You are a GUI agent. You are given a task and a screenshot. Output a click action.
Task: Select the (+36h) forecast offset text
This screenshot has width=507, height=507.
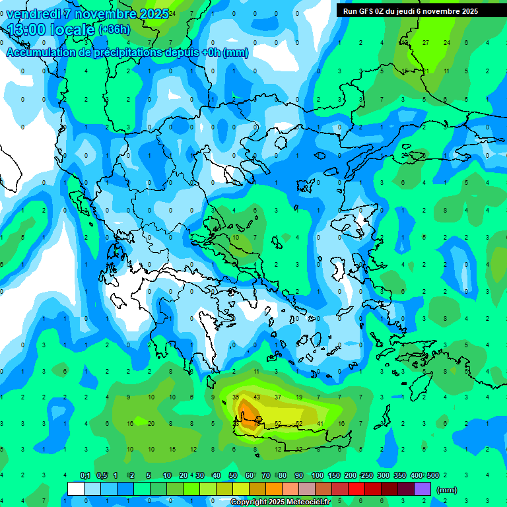[x=114, y=29]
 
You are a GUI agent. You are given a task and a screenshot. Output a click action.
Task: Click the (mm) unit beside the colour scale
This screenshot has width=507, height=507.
[x=447, y=490]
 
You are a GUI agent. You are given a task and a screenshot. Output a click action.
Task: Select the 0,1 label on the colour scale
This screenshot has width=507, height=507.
[x=85, y=476]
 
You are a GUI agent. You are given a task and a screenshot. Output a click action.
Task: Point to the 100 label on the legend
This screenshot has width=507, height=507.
[x=317, y=476]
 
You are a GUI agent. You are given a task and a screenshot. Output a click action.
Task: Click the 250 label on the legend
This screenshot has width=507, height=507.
[x=366, y=476]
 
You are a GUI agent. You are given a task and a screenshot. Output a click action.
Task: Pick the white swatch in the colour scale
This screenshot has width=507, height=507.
[x=76, y=489]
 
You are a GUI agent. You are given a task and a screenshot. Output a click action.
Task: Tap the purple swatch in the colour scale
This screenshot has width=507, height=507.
[x=422, y=489]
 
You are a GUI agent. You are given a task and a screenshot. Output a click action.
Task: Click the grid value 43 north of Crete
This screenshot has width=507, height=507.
[x=257, y=397]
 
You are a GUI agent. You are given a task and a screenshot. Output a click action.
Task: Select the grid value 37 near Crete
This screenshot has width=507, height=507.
[x=278, y=397]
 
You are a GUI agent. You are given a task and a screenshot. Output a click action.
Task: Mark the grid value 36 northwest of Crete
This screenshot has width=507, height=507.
[x=236, y=397]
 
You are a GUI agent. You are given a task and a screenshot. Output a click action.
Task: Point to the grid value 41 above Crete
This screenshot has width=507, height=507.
[x=320, y=424]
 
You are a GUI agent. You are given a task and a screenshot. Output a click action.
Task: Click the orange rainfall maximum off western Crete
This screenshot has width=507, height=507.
[x=250, y=412]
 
